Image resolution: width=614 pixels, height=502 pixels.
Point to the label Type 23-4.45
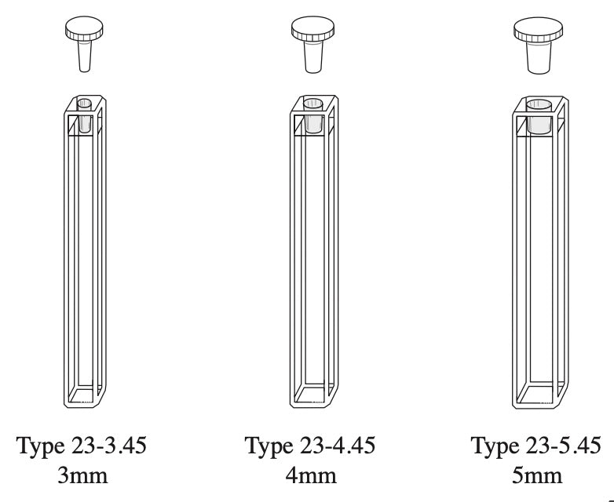310,446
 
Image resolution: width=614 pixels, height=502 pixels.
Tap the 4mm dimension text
310,475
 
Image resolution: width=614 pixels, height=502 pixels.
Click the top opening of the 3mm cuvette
84,103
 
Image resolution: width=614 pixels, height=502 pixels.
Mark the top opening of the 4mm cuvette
312,103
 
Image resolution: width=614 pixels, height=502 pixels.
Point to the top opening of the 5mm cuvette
539,104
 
